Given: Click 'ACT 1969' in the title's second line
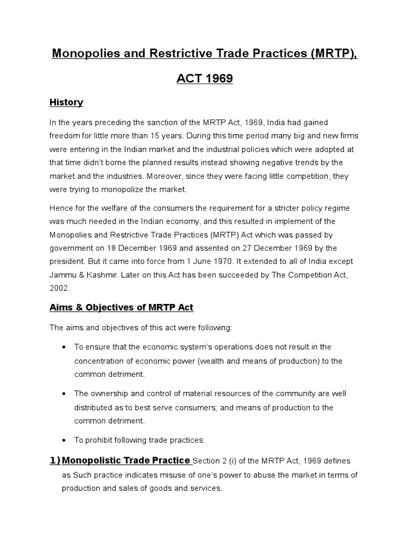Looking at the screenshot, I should (x=204, y=79).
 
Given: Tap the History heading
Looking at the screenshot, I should (x=66, y=102).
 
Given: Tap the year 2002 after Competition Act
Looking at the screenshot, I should (x=60, y=288).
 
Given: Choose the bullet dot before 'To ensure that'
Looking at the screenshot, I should (x=64, y=347).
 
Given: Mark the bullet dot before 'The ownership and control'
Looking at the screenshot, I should (x=64, y=394).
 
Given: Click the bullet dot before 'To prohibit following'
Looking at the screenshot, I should (x=64, y=440).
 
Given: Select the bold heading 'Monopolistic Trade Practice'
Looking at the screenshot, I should (x=127, y=460).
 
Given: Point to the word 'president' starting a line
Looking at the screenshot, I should (x=67, y=261).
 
